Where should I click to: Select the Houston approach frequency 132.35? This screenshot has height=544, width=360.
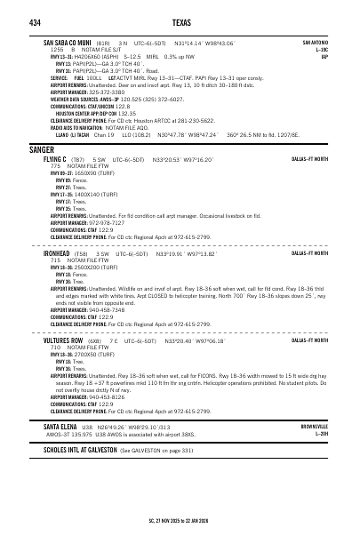[126, 114]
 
